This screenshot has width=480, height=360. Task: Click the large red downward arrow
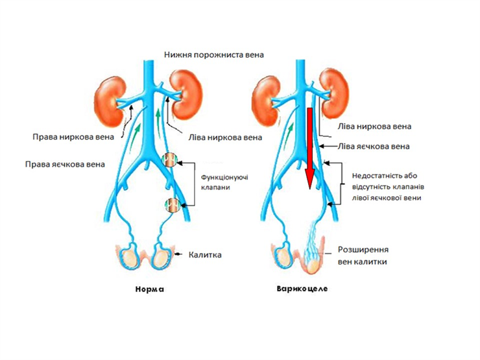[x=310, y=149]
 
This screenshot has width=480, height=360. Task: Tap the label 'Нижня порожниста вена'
[x=214, y=54]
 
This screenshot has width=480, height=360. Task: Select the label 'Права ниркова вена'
[x=73, y=136]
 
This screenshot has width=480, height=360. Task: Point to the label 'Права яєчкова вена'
[x=65, y=164]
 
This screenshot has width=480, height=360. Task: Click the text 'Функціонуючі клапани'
[x=224, y=182]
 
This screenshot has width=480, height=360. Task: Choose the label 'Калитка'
[x=205, y=255]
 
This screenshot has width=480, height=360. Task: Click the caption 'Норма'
[x=150, y=289]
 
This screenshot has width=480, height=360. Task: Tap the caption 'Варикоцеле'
[x=302, y=289]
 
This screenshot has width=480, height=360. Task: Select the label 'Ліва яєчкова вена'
[x=374, y=147]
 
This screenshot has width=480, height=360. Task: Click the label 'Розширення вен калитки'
[x=363, y=256]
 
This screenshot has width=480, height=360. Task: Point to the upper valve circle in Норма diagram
[x=170, y=160]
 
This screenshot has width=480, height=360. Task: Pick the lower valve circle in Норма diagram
[x=172, y=205]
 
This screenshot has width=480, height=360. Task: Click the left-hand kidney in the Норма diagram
[x=109, y=102]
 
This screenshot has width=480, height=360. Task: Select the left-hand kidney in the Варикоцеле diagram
[x=265, y=102]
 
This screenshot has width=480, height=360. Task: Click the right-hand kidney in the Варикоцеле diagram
[x=334, y=93]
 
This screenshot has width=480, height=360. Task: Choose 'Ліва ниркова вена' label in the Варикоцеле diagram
[x=374, y=126]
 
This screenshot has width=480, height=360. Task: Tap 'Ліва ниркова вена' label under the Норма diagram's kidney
[x=225, y=138]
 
